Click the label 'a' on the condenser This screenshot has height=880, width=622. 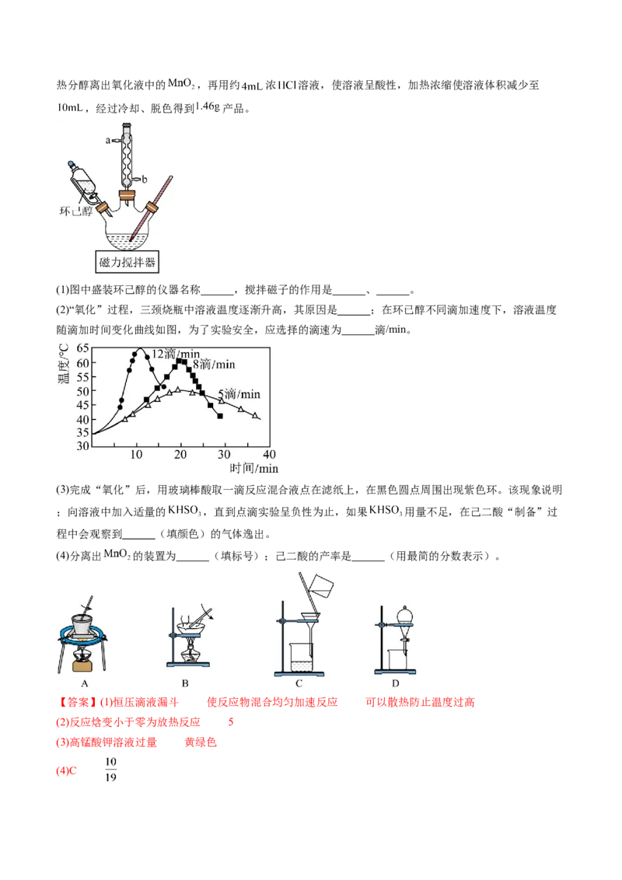pyautogui.click(x=108, y=140)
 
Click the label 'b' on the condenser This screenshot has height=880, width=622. pyautogui.click(x=145, y=180)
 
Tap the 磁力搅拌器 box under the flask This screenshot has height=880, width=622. pyautogui.click(x=128, y=261)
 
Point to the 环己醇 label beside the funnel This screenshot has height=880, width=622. pyautogui.click(x=75, y=211)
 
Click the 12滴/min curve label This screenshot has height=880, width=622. pyautogui.click(x=176, y=354)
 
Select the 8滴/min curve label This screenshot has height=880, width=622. pyautogui.click(x=214, y=365)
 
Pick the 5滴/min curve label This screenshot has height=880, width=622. pyautogui.click(x=239, y=394)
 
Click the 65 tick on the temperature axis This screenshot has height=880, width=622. pyautogui.click(x=82, y=348)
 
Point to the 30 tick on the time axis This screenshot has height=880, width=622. pyautogui.click(x=224, y=454)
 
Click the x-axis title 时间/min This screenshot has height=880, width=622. pyautogui.click(x=253, y=468)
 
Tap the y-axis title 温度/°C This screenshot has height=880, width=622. pyautogui.click(x=64, y=364)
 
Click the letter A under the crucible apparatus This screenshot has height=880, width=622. pyautogui.click(x=85, y=683)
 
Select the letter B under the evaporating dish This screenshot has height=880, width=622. pyautogui.click(x=185, y=683)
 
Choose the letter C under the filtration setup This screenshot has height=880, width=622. pyautogui.click(x=299, y=683)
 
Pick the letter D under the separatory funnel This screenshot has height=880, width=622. pyautogui.click(x=395, y=683)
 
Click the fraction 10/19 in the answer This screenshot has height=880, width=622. pyautogui.click(x=110, y=770)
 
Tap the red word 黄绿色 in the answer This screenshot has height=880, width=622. pyautogui.click(x=201, y=742)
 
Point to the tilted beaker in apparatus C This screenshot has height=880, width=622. pyautogui.click(x=321, y=586)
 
